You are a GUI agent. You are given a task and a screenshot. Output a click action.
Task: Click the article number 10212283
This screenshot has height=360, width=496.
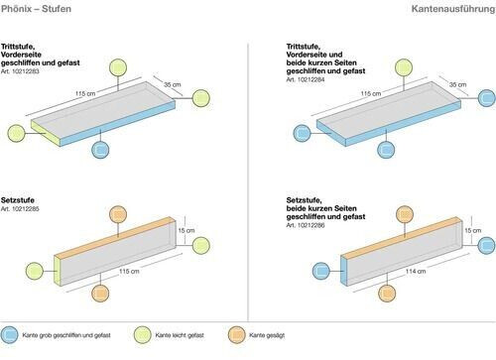point(20,71)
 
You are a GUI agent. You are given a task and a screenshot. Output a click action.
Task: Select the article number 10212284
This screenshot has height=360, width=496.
point(306,79)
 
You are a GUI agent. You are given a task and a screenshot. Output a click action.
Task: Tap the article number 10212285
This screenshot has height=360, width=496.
point(20,209)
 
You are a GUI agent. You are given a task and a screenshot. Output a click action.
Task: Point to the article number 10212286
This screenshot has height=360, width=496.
point(306,225)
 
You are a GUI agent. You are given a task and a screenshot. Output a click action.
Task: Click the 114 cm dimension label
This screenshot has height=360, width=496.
point(416,271)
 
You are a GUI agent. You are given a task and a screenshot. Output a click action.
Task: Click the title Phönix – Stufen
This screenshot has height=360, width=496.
point(36,9)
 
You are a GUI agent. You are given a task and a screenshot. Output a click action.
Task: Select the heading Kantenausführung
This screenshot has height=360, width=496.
point(453,9)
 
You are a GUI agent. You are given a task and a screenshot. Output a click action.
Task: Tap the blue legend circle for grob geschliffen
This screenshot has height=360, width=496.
point(9,335)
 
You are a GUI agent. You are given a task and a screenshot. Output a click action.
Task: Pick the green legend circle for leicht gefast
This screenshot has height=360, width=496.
point(143,335)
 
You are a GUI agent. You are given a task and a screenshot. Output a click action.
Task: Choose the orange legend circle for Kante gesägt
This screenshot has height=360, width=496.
point(237,335)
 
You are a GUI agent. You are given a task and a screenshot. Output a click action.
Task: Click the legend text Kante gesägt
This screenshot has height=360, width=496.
point(267,335)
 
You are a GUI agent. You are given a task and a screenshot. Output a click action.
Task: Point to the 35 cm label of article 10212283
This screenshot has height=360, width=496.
point(173,84)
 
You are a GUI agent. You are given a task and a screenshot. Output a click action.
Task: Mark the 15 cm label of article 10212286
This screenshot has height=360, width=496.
point(473,230)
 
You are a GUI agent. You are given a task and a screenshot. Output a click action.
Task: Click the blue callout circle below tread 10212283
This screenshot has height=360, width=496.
point(100,150)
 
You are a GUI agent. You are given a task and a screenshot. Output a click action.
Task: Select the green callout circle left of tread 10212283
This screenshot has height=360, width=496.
point(16,133)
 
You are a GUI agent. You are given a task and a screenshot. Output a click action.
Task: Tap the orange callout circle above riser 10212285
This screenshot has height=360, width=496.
point(118,214)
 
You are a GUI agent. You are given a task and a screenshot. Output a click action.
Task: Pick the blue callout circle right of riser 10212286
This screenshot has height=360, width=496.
point(487,246)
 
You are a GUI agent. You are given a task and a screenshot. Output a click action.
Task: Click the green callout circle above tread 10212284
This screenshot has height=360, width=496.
point(404,67)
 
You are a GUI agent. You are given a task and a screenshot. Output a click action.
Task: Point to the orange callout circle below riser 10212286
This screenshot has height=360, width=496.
point(387,293)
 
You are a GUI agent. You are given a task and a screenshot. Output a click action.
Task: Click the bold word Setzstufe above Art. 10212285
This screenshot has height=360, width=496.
point(18,200)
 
